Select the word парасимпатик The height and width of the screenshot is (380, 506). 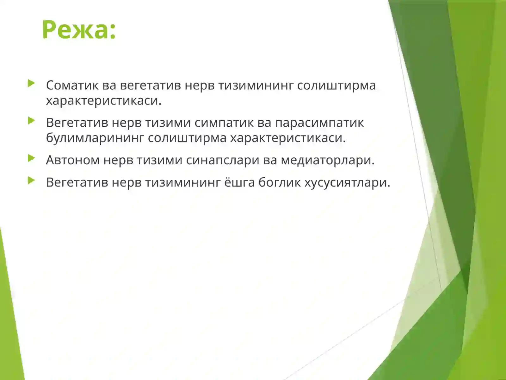coord(319,123)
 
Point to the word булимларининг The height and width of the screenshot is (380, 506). coord(95,138)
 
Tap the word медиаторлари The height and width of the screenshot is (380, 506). coord(328,160)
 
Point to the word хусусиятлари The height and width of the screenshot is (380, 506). coord(347,182)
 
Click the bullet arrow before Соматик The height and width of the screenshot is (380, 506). coord(31,84)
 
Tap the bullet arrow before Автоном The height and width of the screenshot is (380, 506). coord(31,158)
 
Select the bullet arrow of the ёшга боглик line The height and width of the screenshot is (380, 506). coord(31,181)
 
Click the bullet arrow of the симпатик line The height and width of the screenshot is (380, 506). coord(31,121)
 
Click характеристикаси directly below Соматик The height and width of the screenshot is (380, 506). coord(104,101)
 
